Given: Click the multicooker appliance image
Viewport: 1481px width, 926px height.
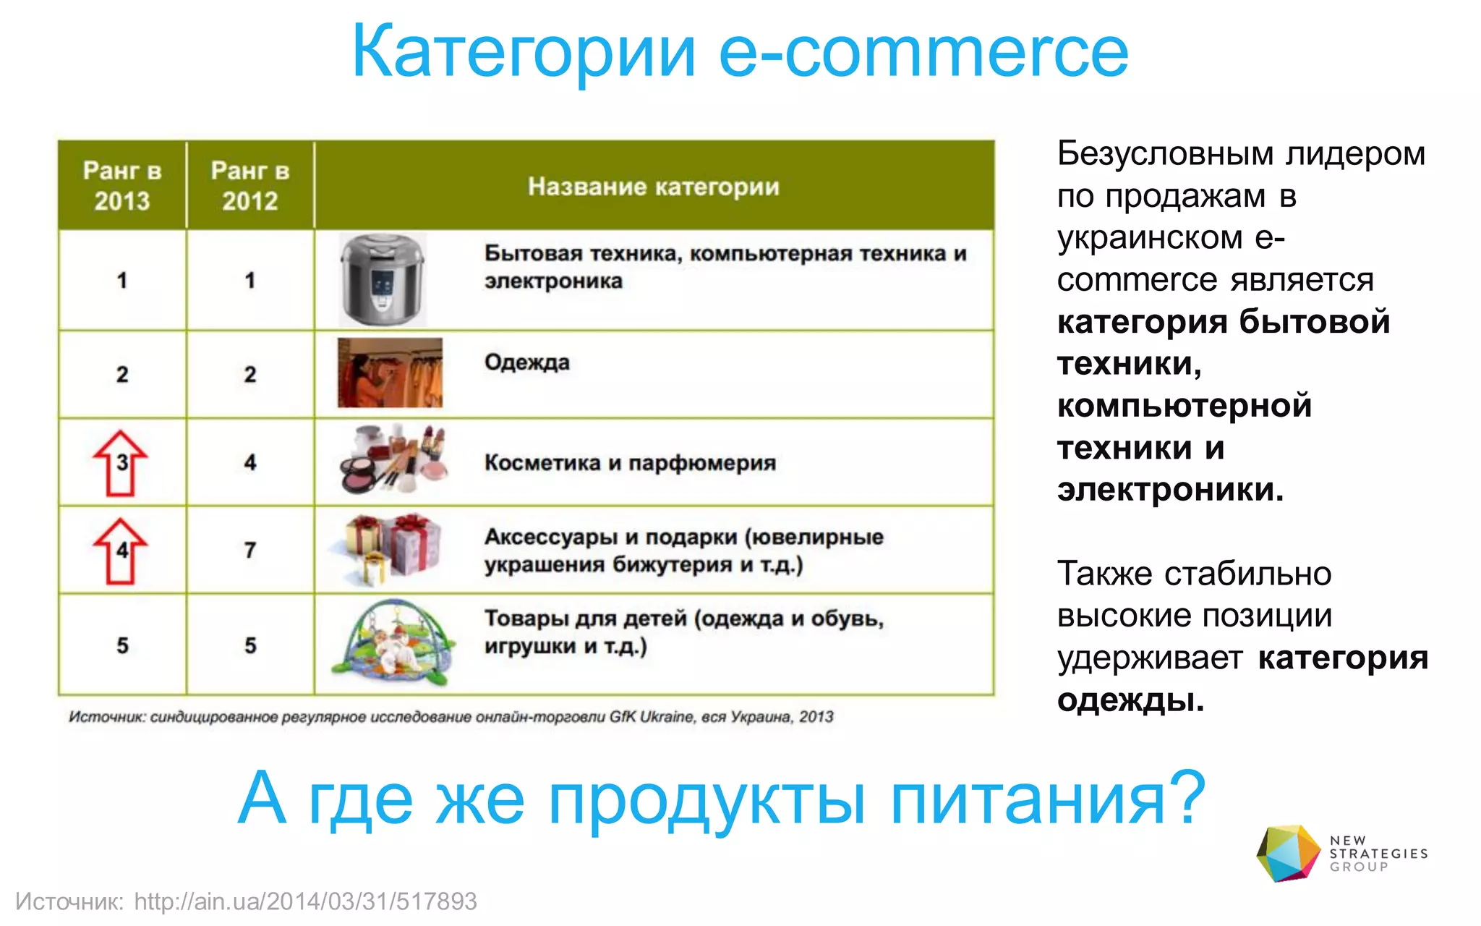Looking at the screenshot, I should pyautogui.click(x=383, y=279).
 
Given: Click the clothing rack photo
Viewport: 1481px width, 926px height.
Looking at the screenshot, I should pyautogui.click(x=390, y=373).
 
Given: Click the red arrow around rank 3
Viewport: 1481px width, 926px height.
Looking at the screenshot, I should pyautogui.click(x=121, y=463).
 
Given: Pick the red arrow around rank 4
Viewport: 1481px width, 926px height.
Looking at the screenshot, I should pyautogui.click(x=121, y=551).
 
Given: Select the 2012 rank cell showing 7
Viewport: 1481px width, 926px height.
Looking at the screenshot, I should pyautogui.click(x=250, y=551).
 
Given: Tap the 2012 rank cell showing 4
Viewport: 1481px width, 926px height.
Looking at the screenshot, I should pyautogui.click(x=250, y=462).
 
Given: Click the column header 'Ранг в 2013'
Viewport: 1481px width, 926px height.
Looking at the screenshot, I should pyautogui.click(x=122, y=185).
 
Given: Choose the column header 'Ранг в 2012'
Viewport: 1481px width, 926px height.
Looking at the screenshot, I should pyautogui.click(x=250, y=185).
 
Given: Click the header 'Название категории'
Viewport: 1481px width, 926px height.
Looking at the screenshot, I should pyautogui.click(x=654, y=187).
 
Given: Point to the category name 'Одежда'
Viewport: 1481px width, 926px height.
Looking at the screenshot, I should pyautogui.click(x=527, y=362).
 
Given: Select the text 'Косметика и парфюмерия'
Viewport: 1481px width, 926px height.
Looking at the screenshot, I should pyautogui.click(x=630, y=462).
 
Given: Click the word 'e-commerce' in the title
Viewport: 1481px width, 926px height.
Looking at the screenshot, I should pyautogui.click(x=923, y=52).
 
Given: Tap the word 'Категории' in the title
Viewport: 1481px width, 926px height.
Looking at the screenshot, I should pyautogui.click(x=524, y=52).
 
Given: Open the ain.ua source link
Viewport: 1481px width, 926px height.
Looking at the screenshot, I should pyautogui.click(x=305, y=901).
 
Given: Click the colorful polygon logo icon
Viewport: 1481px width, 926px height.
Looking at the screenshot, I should pyautogui.click(x=1288, y=853).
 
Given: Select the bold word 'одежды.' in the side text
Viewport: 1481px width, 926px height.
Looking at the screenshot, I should pyautogui.click(x=1130, y=700).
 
